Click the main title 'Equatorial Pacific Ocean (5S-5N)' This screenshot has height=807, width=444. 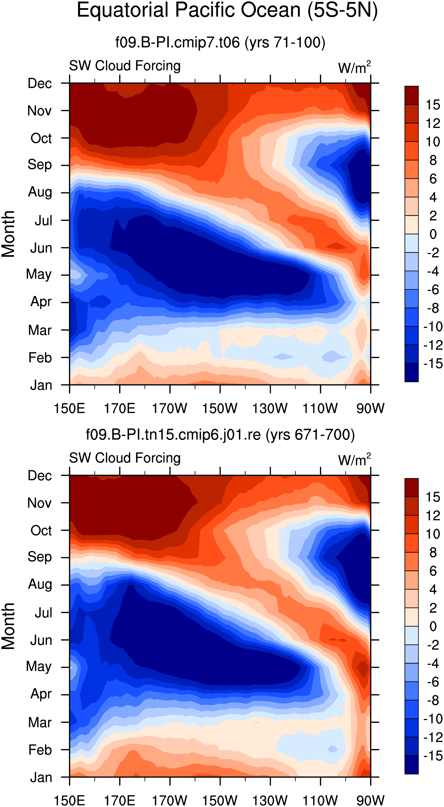[227, 10]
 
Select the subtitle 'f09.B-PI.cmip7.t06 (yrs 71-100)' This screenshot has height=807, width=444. [220, 42]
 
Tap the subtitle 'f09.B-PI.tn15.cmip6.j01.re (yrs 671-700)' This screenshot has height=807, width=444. [220, 435]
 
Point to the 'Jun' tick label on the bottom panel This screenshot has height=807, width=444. [41, 640]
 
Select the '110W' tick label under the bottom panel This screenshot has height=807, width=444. [320, 800]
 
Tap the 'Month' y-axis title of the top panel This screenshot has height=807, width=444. [8, 234]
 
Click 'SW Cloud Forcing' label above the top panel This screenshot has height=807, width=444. [125, 66]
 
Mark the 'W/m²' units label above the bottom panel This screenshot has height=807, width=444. [354, 460]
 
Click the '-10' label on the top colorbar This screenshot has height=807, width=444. [433, 327]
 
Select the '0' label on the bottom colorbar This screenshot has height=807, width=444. [433, 626]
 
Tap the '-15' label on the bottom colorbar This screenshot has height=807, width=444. [433, 756]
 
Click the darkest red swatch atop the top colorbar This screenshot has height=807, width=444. [412, 95]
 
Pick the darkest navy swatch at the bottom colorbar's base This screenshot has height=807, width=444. [412, 765]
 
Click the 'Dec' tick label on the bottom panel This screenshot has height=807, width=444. [39, 476]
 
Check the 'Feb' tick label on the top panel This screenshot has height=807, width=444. [40, 357]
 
